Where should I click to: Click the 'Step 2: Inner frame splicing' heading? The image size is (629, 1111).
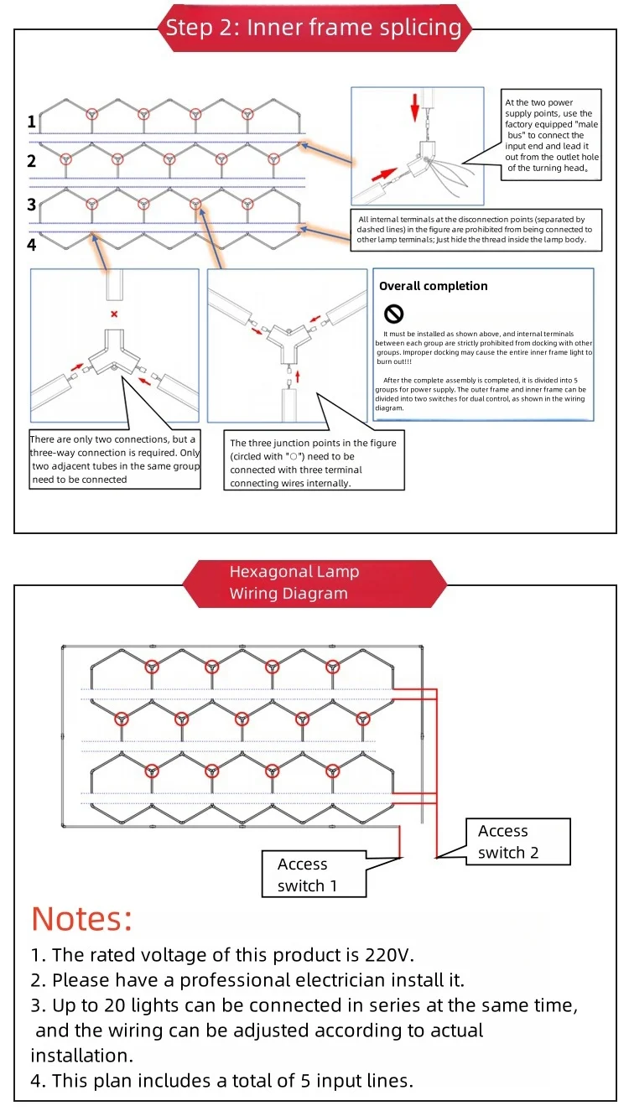(x=314, y=28)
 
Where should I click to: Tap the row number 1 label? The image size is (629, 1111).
(x=32, y=122)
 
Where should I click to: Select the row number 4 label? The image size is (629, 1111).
(x=32, y=245)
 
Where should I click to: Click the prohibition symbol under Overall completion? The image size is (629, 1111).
(x=393, y=314)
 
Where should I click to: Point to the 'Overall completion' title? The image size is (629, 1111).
(x=433, y=286)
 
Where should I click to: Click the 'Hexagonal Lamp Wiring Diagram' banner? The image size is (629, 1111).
(x=314, y=583)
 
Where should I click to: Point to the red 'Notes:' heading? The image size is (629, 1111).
(x=81, y=919)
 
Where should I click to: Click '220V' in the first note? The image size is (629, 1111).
(x=389, y=955)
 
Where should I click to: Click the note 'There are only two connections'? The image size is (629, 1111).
(x=114, y=459)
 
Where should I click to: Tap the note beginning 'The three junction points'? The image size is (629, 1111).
(x=314, y=463)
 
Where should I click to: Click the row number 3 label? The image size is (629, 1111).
(x=32, y=204)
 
